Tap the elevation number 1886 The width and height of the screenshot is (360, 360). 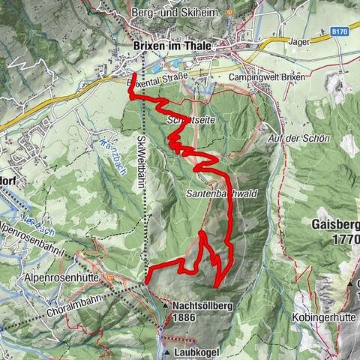(x=186, y=318)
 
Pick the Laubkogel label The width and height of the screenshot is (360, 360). (x=199, y=350)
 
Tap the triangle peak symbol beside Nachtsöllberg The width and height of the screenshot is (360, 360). (x=163, y=306)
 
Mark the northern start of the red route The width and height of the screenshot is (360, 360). (x=133, y=75)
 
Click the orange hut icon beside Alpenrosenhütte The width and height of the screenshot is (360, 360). (x=111, y=276)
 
